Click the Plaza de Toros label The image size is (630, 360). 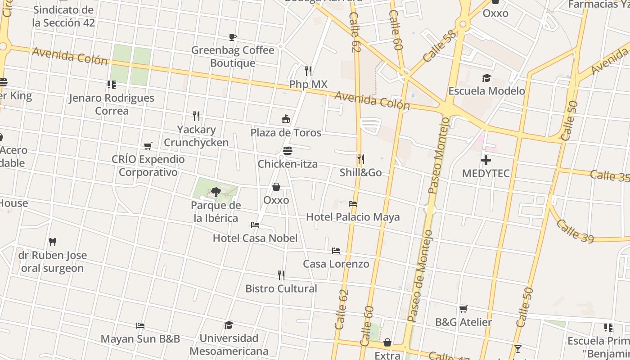pos(286,133)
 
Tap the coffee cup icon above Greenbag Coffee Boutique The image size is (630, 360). pos(233,37)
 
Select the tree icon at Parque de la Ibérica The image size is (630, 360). pos(216,192)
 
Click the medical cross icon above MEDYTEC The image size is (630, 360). pos(486,160)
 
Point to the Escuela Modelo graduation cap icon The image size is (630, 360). pos(486,78)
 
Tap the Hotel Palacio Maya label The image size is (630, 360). pos(353,217)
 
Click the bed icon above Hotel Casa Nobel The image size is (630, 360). pos(255,225)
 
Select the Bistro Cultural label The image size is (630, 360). pos(281,288)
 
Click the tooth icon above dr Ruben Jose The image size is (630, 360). pos(53,242)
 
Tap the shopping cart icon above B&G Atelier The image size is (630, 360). pos(463,309)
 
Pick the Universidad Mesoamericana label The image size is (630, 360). pos(229,344)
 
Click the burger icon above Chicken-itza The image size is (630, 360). pos(288,151)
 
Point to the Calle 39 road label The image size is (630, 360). pos(575,231)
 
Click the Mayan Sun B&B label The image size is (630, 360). pos(140,339)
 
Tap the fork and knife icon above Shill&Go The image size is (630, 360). pos(360,159)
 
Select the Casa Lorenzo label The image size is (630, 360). pos(336,264)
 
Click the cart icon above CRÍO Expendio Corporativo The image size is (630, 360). pos(148,146)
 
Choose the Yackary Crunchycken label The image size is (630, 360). pos(196,136)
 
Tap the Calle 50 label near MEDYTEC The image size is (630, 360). pos(569,120)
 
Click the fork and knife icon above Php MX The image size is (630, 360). pos(308,71)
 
